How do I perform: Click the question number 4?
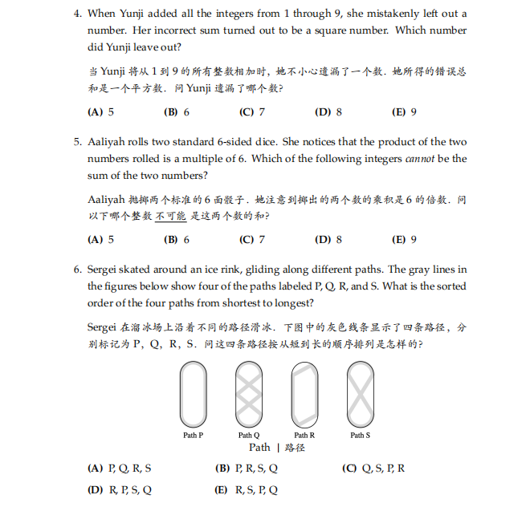pos(77,14)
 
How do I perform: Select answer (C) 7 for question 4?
pos(251,112)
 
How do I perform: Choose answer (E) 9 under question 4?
pos(403,112)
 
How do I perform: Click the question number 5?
pos(77,142)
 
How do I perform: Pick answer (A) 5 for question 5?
pos(100,239)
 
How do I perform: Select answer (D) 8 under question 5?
pos(328,239)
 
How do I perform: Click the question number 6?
pos(77,270)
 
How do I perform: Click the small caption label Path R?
pos(304,435)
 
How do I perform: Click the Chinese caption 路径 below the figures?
pos(295,448)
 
